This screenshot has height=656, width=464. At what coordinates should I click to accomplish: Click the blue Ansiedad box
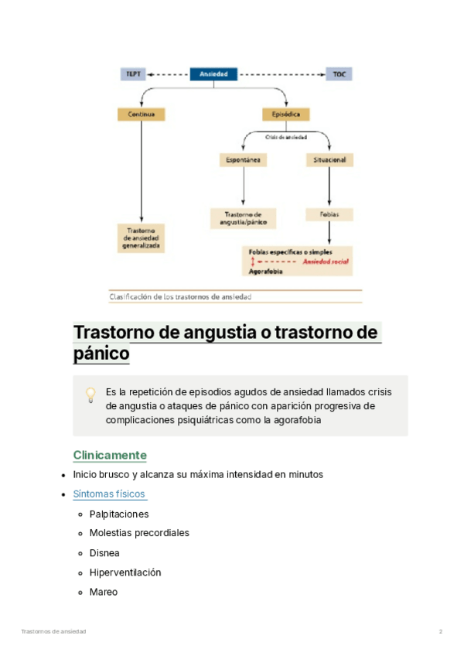pyautogui.click(x=213, y=74)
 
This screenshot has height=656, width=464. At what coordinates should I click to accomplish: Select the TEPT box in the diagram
pyautogui.click(x=133, y=74)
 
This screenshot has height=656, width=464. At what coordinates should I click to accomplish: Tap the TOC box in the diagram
pyautogui.click(x=339, y=74)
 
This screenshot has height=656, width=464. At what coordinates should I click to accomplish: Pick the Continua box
pyautogui.click(x=141, y=114)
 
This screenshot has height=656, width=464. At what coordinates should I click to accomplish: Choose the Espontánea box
pyautogui.click(x=243, y=160)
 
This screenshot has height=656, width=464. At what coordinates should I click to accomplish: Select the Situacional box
pyautogui.click(x=330, y=160)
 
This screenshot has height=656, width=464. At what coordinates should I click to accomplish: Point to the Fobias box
pyautogui.click(x=330, y=214)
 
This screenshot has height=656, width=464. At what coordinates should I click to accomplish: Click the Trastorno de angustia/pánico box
pyautogui.click(x=243, y=217)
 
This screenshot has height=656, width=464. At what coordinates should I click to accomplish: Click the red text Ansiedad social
pyautogui.click(x=325, y=262)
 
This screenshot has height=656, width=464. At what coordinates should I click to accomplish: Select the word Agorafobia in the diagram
pyautogui.click(x=265, y=272)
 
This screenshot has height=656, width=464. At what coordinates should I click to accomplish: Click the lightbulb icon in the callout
pyautogui.click(x=90, y=395)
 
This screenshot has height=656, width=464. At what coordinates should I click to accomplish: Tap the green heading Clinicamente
pyautogui.click(x=110, y=455)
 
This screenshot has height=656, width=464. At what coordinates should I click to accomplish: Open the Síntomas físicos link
pyautogui.click(x=109, y=494)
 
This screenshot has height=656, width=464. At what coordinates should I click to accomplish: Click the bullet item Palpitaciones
pyautogui.click(x=119, y=514)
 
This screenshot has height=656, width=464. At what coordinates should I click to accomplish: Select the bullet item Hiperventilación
pyautogui.click(x=125, y=572)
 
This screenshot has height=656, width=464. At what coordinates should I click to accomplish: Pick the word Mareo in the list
pyautogui.click(x=104, y=592)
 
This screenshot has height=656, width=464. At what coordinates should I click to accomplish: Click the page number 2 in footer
pyautogui.click(x=441, y=632)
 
